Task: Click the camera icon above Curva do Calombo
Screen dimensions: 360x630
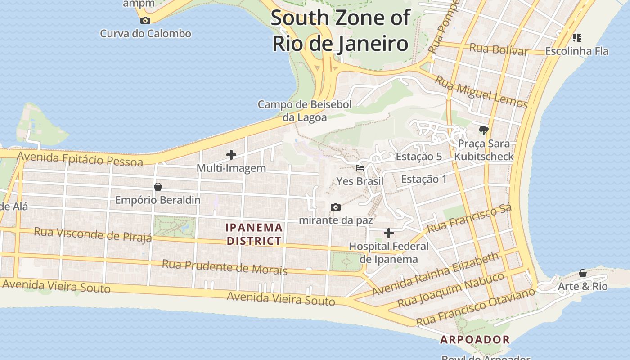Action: [x=145, y=20]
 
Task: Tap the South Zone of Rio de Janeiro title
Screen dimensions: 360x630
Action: [x=340, y=31]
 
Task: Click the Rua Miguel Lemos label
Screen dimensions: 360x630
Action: [x=481, y=92]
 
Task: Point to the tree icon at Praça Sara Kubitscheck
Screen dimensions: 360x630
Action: [x=484, y=130]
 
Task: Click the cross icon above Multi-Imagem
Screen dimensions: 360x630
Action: [x=231, y=155]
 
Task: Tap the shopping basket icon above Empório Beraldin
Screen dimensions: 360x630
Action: [x=158, y=186]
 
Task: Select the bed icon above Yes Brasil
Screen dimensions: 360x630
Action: [x=360, y=168]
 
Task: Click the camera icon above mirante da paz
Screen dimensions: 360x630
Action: [x=336, y=207]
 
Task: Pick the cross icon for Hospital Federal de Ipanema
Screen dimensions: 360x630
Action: [x=389, y=233]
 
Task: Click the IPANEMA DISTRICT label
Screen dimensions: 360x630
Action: [x=254, y=234]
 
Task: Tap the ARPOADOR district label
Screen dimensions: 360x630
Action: [x=475, y=340]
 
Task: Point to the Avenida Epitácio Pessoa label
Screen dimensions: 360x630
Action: [x=80, y=159]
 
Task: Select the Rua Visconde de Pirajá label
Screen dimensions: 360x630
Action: [x=93, y=234]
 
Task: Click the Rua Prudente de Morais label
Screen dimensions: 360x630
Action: [x=224, y=266]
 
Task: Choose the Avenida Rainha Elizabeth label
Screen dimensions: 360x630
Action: [x=436, y=274]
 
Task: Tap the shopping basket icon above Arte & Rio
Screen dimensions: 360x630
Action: [x=583, y=273]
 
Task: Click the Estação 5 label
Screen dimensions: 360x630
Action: [x=418, y=157]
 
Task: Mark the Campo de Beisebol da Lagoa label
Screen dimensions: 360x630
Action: [x=305, y=111]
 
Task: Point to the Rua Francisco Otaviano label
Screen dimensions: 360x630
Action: [x=476, y=307]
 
